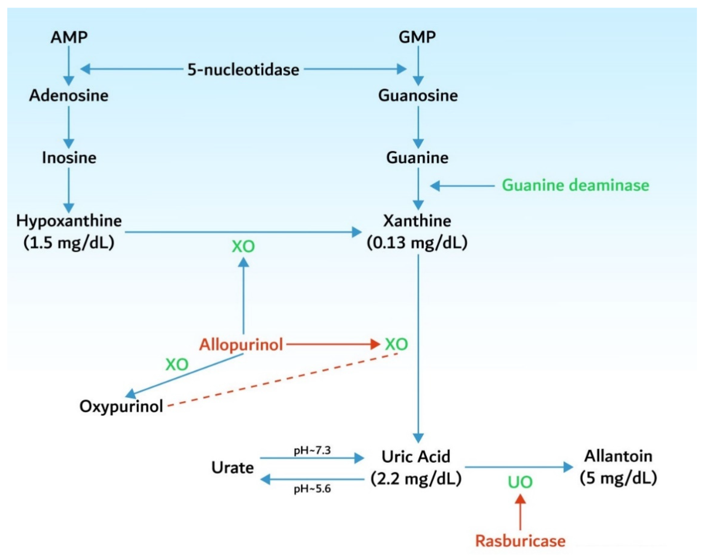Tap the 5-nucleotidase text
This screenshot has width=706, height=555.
tap(243, 70)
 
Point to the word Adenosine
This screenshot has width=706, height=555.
tap(69, 96)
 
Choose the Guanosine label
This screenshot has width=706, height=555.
tap(418, 96)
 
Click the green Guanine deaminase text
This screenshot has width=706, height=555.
tap(575, 185)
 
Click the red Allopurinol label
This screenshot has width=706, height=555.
tap(241, 344)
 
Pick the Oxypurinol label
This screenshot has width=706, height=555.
tap(121, 407)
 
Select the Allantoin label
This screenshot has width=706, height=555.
tap(618, 456)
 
